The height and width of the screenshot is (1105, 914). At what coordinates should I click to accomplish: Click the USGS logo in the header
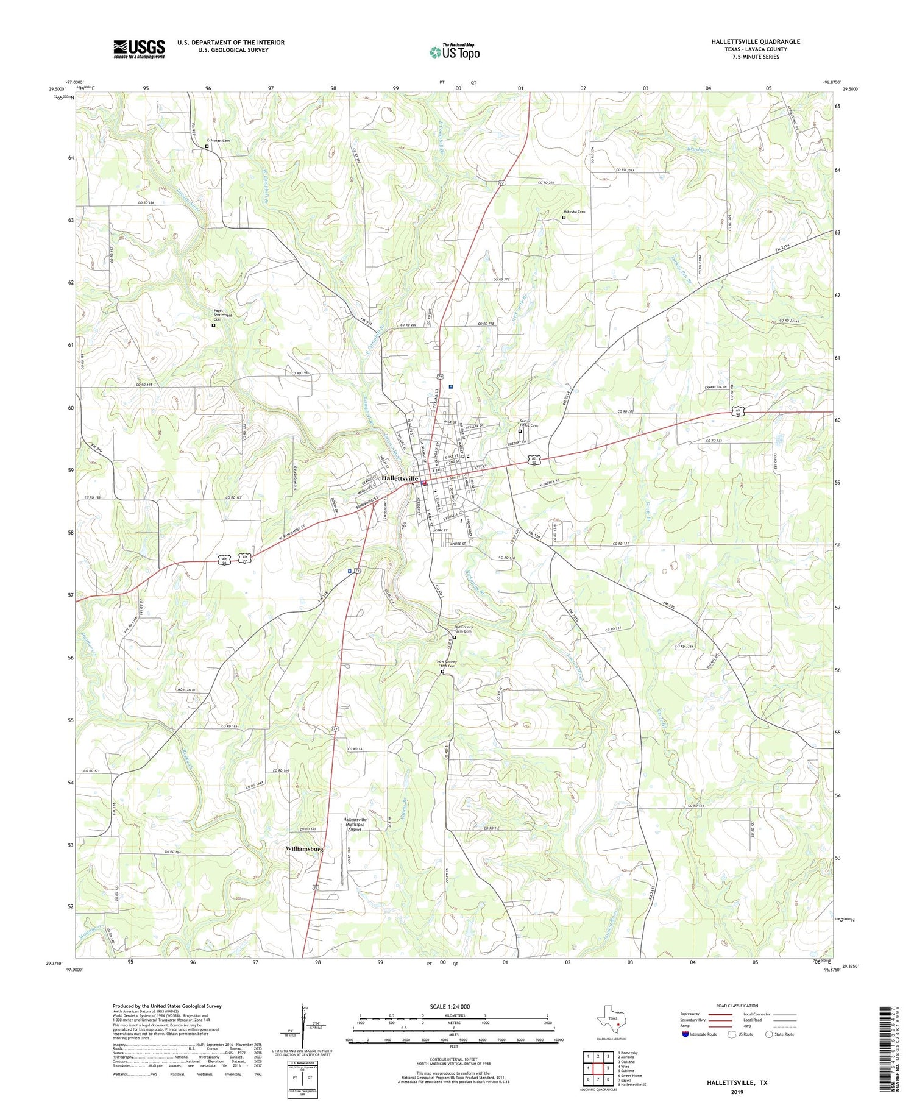tap(139, 49)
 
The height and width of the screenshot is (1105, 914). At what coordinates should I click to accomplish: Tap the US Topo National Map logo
tap(454, 52)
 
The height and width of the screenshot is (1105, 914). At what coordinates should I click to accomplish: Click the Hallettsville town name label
tap(400, 478)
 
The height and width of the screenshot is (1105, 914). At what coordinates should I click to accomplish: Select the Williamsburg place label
tap(304, 848)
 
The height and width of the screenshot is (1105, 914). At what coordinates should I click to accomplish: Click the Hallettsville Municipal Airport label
tap(355, 824)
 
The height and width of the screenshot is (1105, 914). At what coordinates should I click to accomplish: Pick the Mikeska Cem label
tap(573, 211)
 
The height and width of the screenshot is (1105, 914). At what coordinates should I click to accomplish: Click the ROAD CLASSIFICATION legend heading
tap(737, 1006)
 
